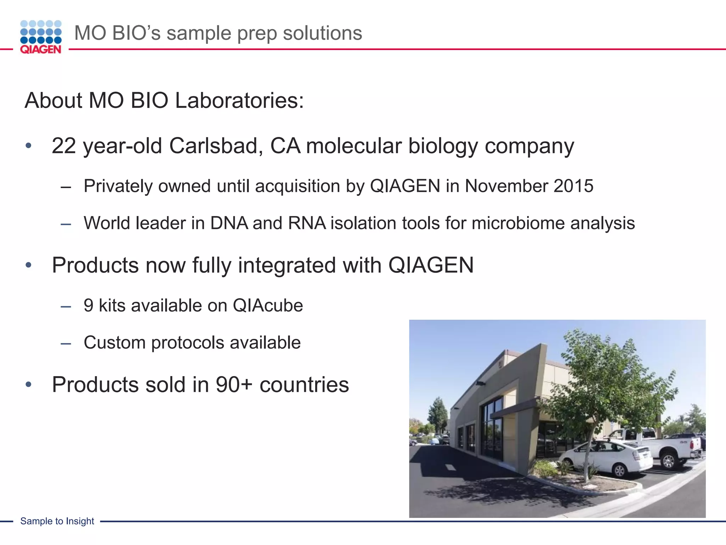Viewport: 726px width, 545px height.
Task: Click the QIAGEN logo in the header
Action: click(x=41, y=37)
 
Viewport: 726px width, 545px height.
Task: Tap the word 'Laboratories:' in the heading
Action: click(x=239, y=100)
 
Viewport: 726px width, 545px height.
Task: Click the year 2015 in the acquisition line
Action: click(x=573, y=186)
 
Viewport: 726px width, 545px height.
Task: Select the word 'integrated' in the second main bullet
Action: click(x=286, y=265)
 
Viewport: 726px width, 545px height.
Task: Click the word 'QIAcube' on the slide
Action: click(x=268, y=305)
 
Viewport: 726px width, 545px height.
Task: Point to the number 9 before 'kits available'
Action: click(x=88, y=305)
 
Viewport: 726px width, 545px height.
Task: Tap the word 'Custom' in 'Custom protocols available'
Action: click(x=115, y=343)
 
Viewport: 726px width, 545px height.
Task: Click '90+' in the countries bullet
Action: click(x=234, y=385)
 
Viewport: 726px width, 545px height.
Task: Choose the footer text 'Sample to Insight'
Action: click(x=57, y=521)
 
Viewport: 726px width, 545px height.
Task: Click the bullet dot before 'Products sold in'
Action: click(x=29, y=385)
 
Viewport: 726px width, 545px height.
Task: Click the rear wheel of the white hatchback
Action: click(x=619, y=470)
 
